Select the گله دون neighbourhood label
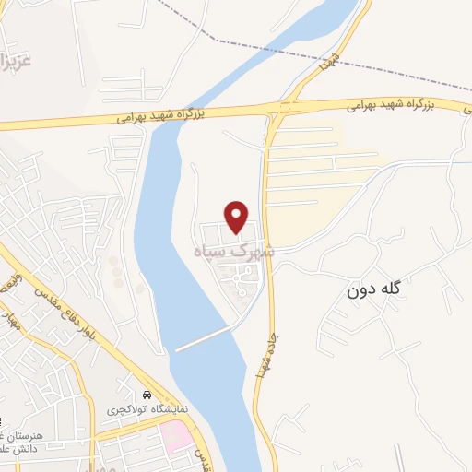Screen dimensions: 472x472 (376, 291)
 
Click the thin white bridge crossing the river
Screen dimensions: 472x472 (203, 338)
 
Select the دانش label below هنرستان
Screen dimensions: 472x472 (15, 450)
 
